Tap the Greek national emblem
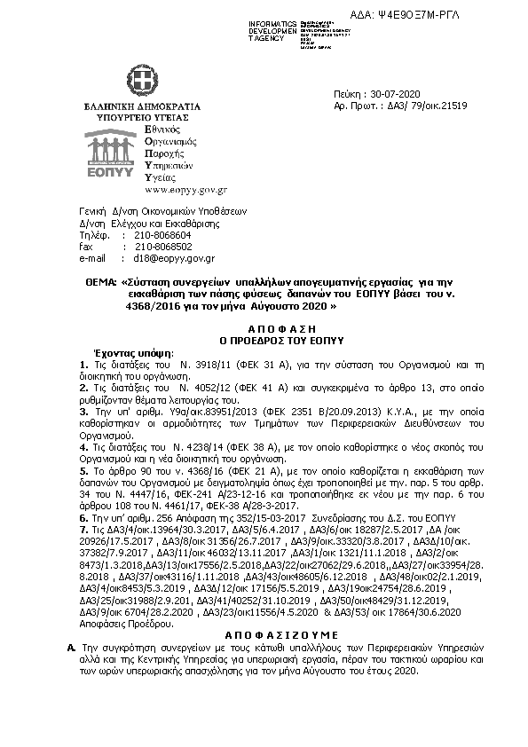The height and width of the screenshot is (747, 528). [x=140, y=83]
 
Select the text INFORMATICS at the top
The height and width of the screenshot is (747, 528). [x=272, y=21]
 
